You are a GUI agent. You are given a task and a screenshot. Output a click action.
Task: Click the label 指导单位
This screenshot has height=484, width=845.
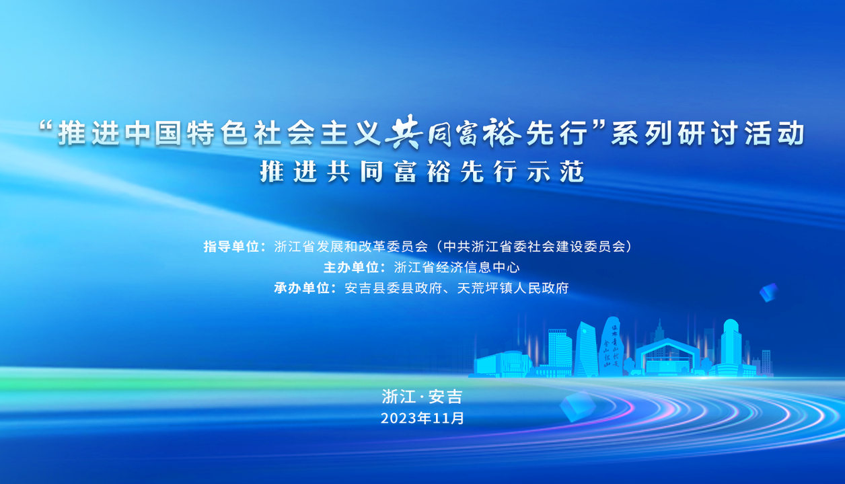231,247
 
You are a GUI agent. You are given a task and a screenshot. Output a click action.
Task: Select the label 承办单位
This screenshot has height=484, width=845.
302,288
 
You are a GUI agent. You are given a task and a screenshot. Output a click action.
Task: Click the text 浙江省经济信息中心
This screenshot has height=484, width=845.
457,268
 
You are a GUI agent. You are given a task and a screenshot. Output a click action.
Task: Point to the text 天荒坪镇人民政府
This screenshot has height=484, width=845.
513,288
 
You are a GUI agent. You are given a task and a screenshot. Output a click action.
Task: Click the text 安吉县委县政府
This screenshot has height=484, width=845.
393,288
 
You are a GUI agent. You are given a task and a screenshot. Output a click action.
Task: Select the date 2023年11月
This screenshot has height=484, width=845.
422,418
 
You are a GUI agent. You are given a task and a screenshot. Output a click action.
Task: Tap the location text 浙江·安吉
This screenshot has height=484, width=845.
422,397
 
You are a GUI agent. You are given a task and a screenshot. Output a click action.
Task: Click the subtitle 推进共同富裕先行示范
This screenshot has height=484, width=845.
422,172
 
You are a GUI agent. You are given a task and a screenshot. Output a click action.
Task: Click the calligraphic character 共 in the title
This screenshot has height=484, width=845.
402,132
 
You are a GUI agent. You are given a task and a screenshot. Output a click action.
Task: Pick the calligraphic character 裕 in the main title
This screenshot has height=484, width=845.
501,132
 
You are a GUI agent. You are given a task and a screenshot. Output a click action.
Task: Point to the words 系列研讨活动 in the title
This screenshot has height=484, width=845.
708,134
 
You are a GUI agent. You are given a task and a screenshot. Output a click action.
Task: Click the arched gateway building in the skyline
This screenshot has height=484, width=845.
667,356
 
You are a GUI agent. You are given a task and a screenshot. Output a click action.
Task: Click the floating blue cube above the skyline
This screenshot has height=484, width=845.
769,292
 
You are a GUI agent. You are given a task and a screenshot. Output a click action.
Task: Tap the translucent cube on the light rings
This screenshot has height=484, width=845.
577,406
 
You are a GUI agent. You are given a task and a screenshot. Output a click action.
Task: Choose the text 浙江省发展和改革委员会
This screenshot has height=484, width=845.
351,247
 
